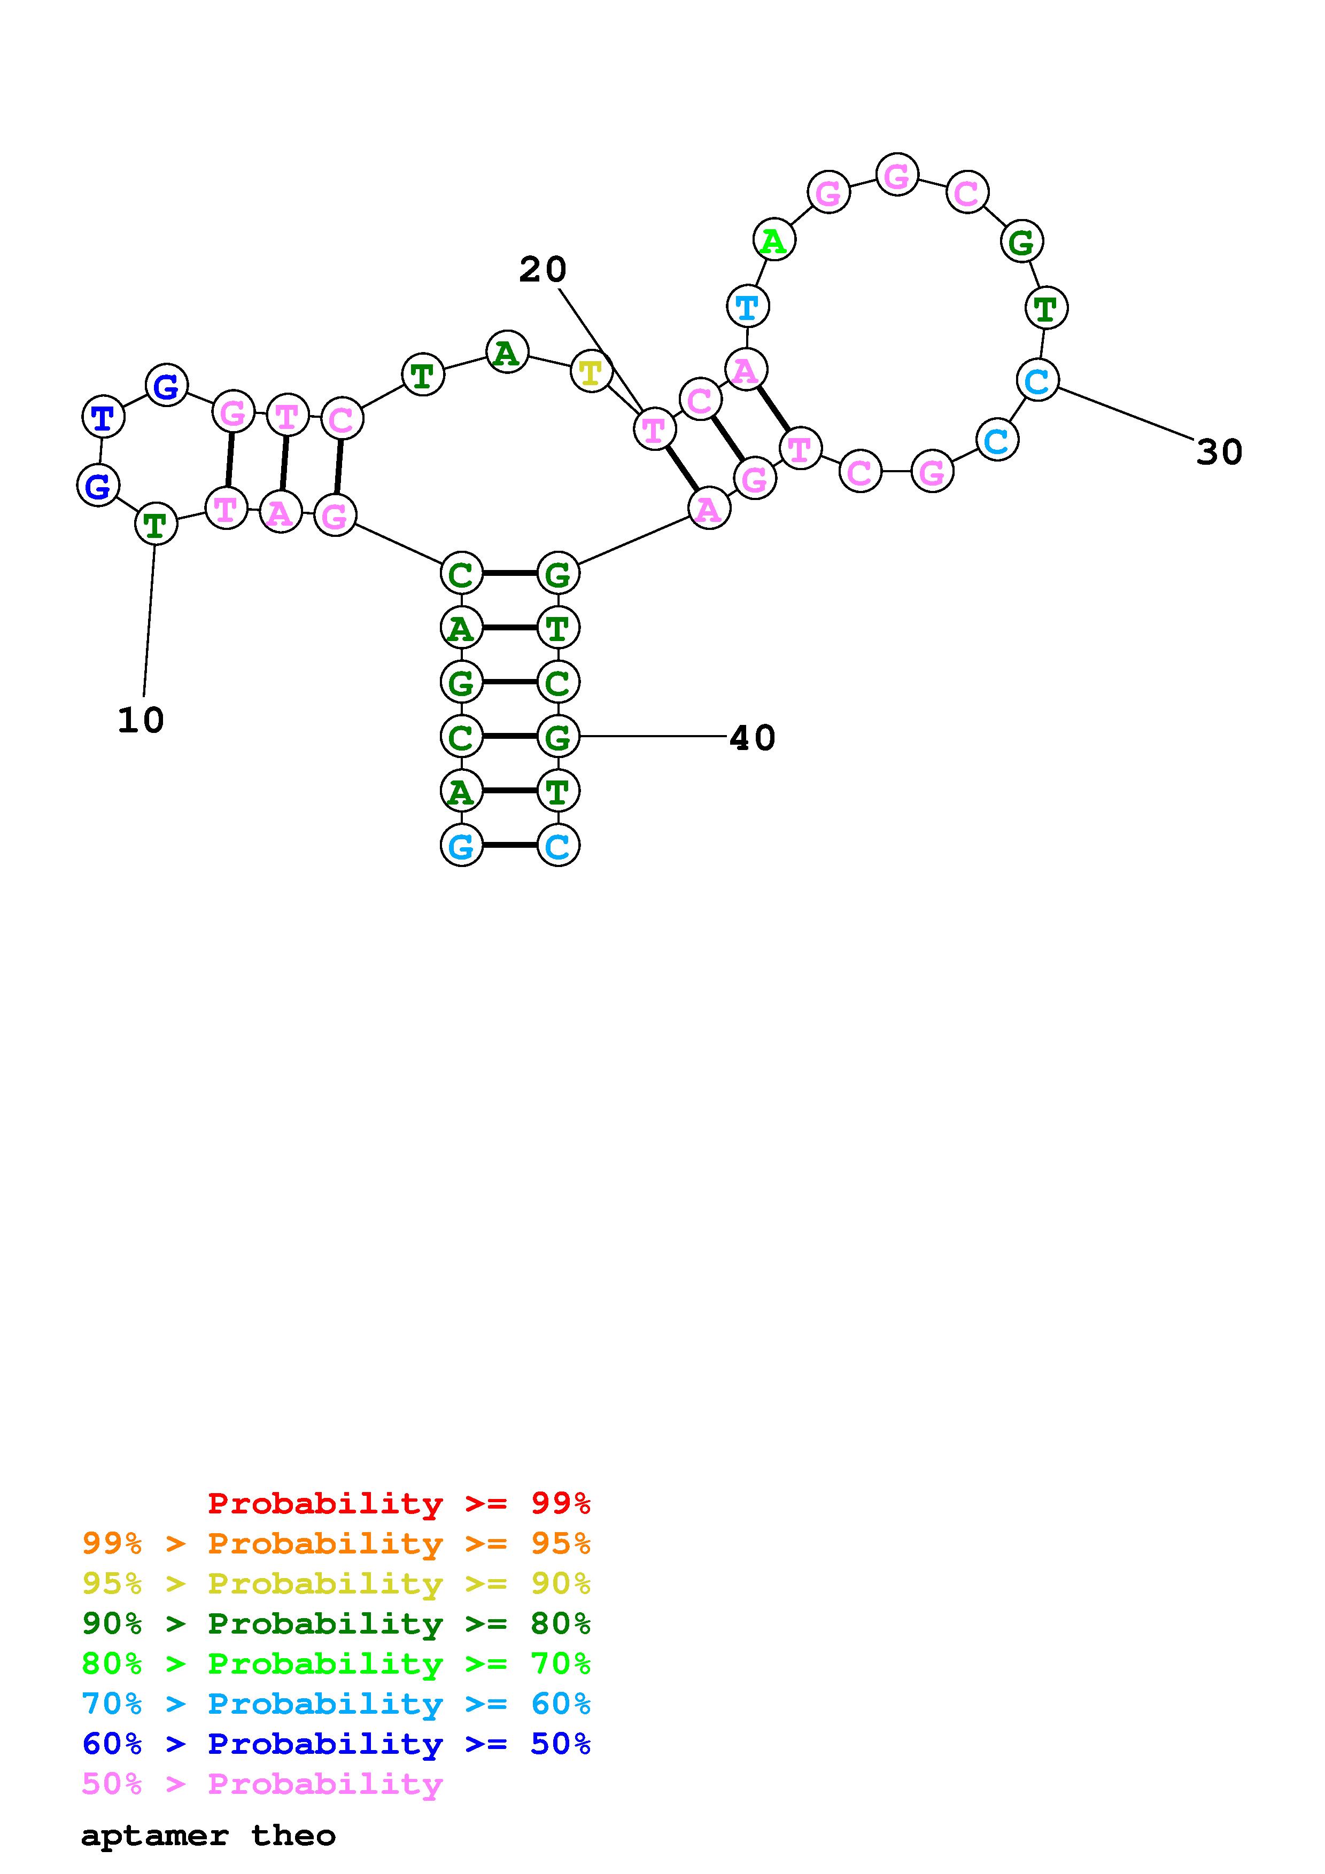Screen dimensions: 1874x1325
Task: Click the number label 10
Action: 141,721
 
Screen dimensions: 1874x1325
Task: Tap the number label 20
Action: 542,269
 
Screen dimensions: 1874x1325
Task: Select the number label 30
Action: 1219,452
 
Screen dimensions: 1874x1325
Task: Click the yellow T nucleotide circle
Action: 590,372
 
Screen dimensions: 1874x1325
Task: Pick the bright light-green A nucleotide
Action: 773,241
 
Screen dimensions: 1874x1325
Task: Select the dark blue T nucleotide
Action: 103,417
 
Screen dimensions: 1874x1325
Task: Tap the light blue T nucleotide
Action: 747,307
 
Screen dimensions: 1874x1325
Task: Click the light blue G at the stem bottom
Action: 461,846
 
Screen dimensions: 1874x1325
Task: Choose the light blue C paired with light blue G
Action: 557,846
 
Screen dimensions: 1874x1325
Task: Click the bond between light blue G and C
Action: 509,846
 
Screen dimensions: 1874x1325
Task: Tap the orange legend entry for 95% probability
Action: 336,1543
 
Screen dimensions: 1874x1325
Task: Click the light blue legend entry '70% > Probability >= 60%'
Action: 336,1704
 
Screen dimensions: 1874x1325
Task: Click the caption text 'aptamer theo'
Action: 208,1836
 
